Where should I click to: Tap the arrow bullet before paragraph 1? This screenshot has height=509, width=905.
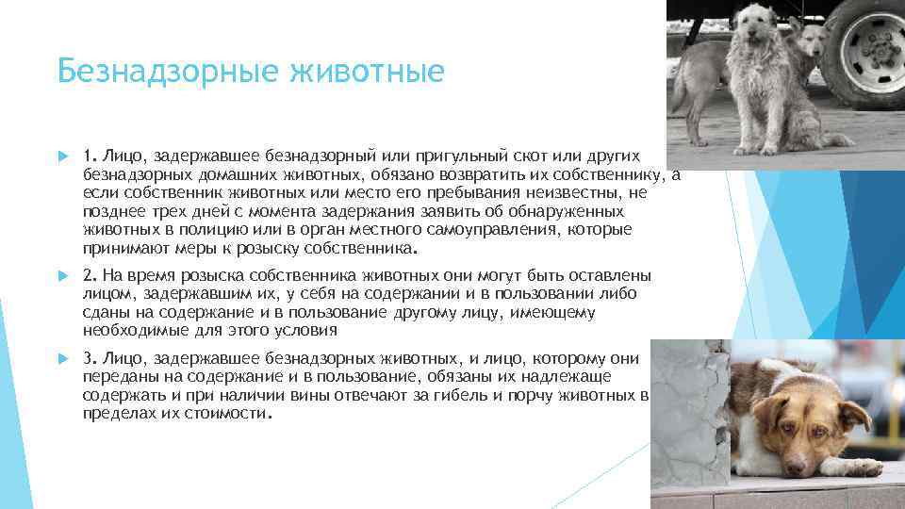62,155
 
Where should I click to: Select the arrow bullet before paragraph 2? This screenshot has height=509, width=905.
62,275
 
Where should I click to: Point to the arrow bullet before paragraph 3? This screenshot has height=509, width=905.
62,359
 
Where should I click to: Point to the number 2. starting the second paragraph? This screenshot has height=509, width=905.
89,275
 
